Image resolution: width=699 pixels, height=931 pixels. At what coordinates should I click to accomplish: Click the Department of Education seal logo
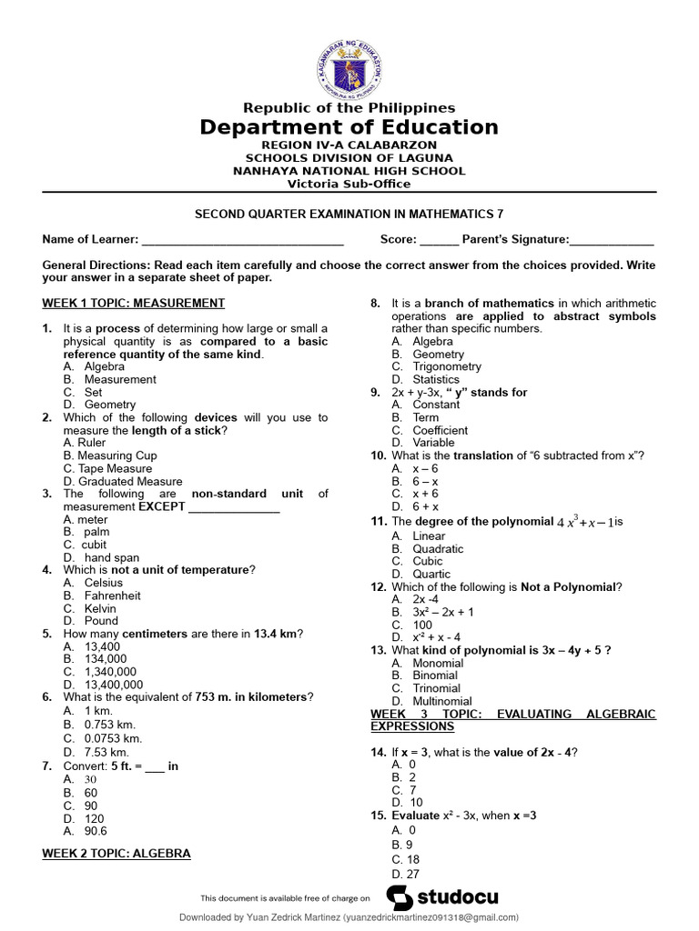349,69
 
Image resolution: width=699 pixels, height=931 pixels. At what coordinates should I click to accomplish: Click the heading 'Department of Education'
349,127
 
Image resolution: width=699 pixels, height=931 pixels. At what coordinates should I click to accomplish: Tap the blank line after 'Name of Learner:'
242,240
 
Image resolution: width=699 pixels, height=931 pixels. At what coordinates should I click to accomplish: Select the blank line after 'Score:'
439,240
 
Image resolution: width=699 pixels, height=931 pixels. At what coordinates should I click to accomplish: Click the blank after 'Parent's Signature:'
611,240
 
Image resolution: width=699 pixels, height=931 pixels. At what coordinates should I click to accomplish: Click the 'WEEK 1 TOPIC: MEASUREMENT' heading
134,303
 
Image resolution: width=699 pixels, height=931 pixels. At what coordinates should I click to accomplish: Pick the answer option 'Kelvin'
100,608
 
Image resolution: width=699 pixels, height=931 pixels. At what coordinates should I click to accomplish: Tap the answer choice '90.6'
96,831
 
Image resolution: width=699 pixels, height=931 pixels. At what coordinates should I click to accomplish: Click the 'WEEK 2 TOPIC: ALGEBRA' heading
116,854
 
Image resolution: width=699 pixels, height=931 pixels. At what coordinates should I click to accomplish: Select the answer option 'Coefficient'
441,430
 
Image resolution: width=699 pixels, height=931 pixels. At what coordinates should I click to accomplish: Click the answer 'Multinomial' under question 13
442,701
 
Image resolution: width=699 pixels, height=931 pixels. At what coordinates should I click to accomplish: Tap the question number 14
379,752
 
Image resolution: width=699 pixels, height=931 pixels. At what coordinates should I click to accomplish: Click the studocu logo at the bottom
443,897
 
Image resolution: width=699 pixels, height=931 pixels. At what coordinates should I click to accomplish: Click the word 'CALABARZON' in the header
396,145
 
